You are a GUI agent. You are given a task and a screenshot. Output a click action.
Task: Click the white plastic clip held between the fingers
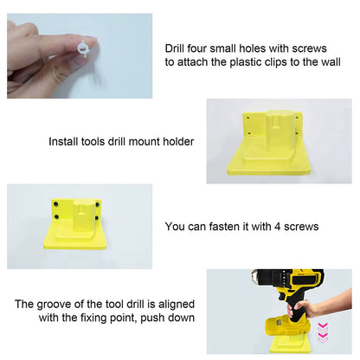(84, 49)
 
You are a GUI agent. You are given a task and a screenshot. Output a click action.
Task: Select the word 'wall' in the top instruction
(340, 62)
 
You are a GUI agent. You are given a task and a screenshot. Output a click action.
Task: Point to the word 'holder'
(176, 141)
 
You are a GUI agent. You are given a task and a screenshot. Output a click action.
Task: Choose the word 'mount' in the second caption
(141, 141)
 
